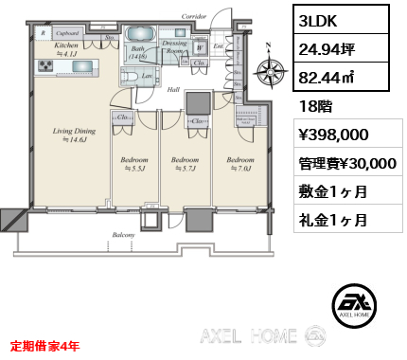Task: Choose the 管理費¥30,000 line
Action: pos(342,163)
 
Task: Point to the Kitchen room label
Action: pos(65,45)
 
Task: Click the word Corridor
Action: pos(195,16)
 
